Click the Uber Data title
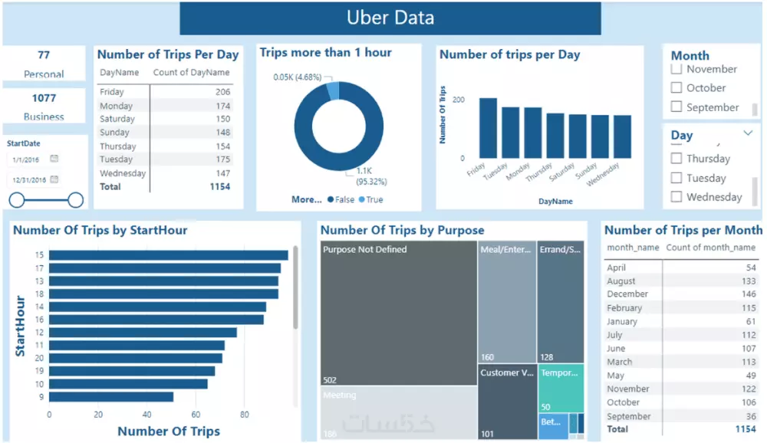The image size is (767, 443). pos(390,18)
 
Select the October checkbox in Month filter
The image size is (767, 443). pos(676,88)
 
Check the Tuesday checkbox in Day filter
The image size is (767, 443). pos(676,178)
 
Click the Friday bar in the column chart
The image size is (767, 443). pos(488,128)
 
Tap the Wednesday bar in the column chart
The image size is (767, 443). pos(622,136)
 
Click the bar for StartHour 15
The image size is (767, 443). pos(169,255)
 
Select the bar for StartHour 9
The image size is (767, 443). pos(111,397)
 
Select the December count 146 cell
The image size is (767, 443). pos(746,294)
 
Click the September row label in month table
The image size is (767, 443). pos(628,416)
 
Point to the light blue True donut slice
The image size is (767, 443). pos(333,90)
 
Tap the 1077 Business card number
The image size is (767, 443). pos(44,98)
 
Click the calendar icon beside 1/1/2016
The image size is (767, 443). pos(54,159)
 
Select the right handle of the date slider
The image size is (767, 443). pos(75,200)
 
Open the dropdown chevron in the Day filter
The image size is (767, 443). pos(748,133)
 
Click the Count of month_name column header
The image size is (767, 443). pos(711,248)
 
